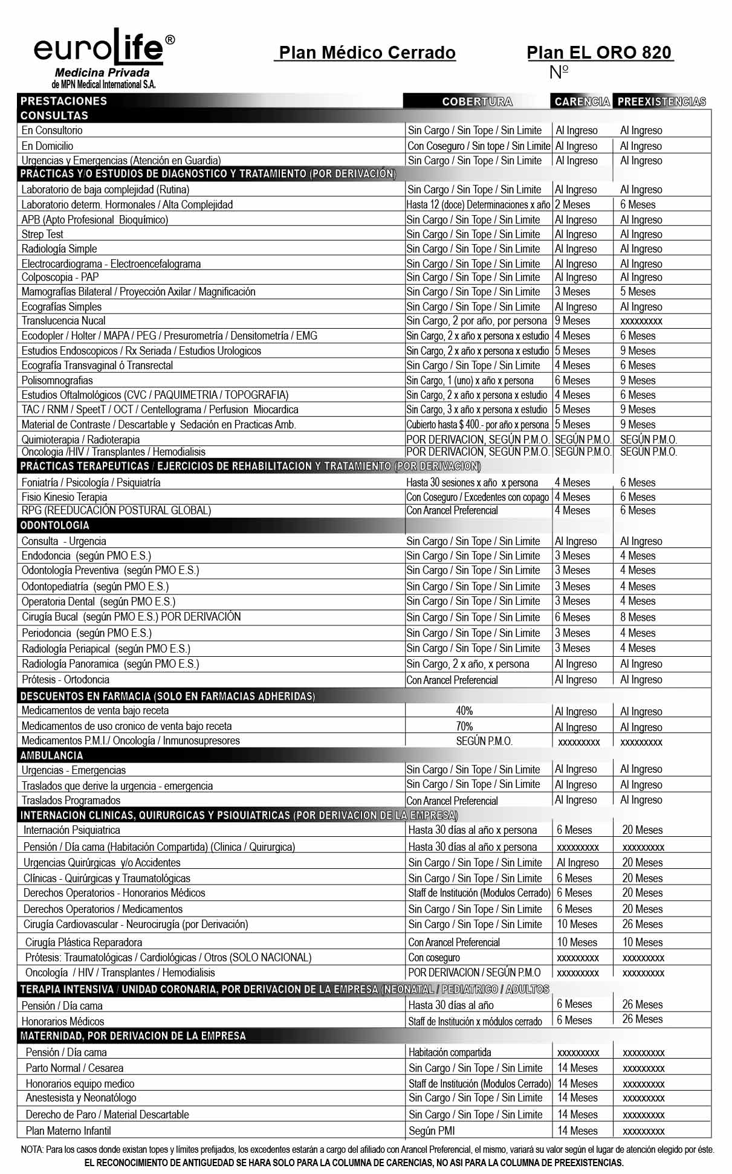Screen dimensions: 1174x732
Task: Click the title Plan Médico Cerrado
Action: pos(367,53)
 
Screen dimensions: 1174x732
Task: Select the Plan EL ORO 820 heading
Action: pos(599,53)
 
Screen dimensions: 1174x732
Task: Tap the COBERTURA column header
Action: pos(477,102)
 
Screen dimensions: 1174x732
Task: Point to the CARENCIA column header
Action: pos(581,102)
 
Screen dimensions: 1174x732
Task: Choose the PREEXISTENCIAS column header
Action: pos(661,102)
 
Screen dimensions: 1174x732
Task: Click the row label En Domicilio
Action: pos(47,146)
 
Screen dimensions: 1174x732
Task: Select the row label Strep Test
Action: pos(42,234)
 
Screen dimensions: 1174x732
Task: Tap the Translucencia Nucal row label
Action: pos(63,321)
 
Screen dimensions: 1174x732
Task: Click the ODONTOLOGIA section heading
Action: pos(54,526)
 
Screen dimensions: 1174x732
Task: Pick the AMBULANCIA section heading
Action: pos(51,755)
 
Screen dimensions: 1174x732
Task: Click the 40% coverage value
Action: pos(464,711)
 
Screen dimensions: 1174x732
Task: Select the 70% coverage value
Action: pos(464,727)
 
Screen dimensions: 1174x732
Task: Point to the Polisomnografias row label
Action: pos(57,381)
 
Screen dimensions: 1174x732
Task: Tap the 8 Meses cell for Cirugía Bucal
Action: pos(637,618)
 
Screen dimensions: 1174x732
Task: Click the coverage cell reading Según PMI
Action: pos(432,1131)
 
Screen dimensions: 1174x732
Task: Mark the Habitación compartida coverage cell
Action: pos(450,1053)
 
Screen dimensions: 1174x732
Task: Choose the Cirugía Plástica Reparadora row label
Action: pos(83,943)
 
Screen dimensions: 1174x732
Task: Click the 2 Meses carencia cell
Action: pos(572,205)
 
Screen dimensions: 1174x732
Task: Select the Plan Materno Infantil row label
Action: pos(68,1131)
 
